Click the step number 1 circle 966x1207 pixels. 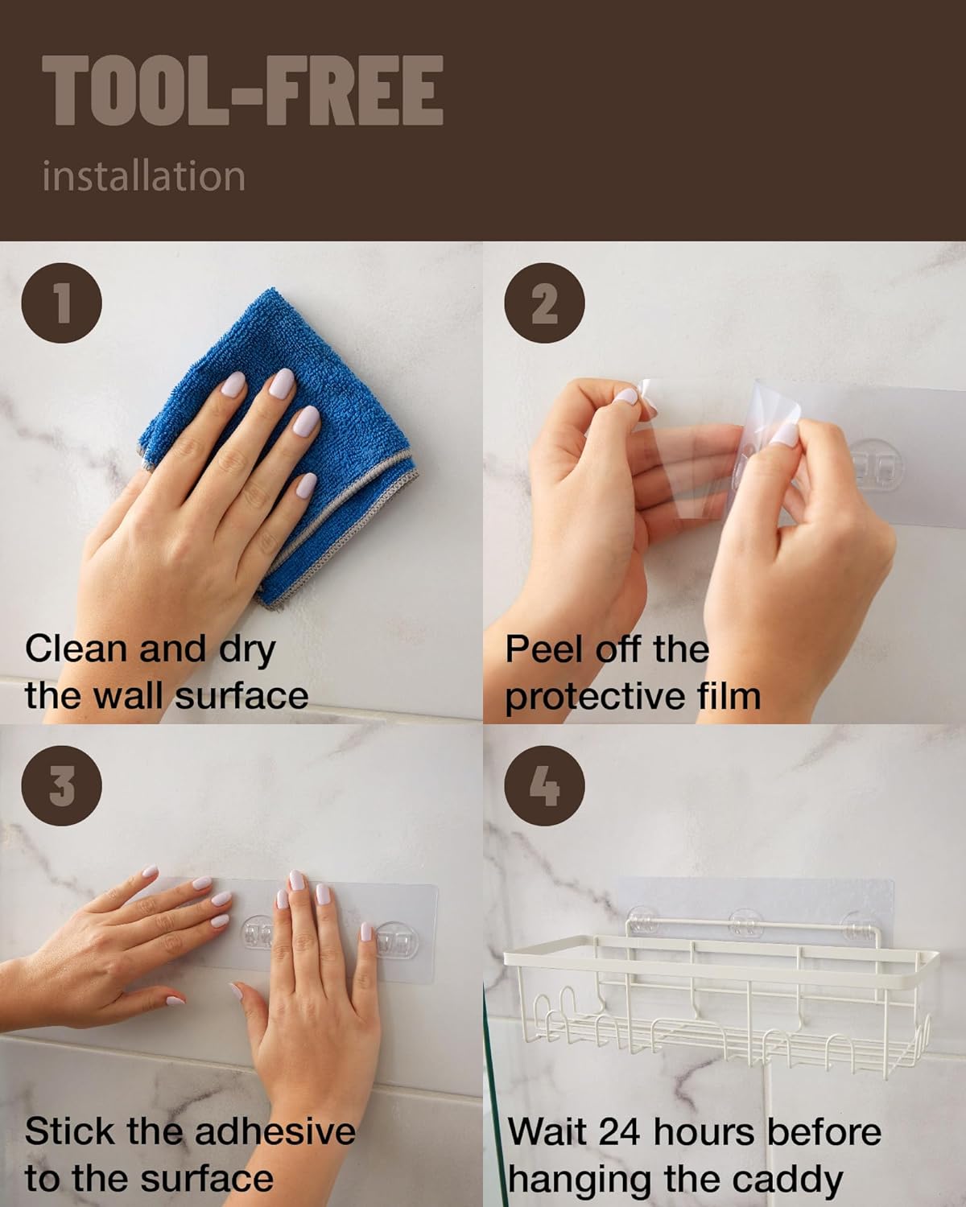click(x=62, y=303)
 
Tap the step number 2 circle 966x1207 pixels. click(x=544, y=303)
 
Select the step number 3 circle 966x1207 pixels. click(x=62, y=785)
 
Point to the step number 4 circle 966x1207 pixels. click(x=544, y=785)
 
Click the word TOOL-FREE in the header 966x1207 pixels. click(x=242, y=90)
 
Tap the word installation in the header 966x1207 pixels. click(x=144, y=176)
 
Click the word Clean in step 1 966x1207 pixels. click(x=76, y=649)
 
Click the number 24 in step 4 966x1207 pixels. click(x=619, y=1132)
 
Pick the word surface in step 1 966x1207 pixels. click(x=242, y=696)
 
